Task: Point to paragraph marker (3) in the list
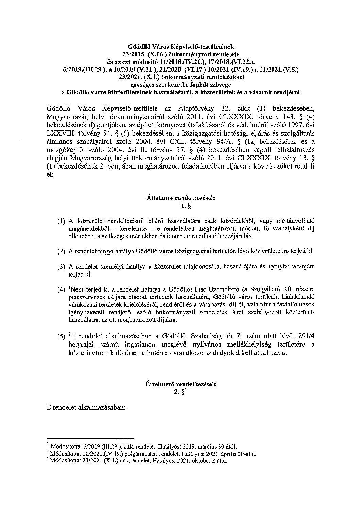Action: click(61, 267)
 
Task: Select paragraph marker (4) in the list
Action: click(61, 290)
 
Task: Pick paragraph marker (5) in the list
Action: click(61, 337)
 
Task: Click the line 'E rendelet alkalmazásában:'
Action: click(86, 407)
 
